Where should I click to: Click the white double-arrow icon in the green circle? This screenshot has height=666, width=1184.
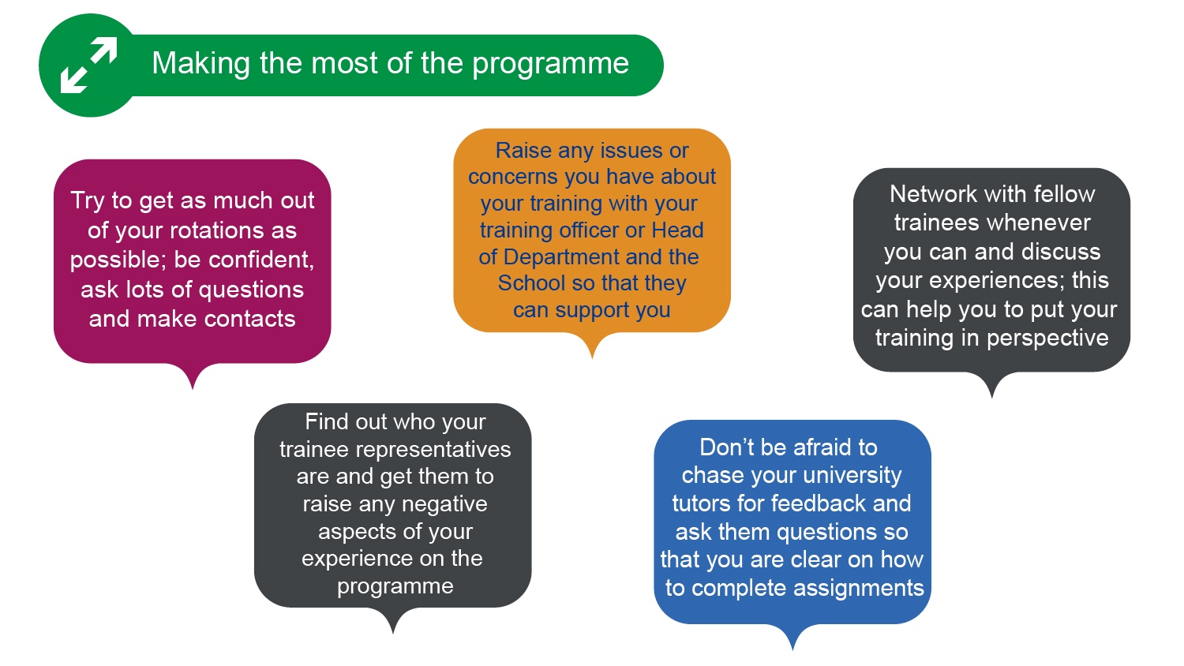click(x=88, y=65)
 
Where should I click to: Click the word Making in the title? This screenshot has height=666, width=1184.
click(x=201, y=64)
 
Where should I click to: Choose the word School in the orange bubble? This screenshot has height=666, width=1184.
click(x=532, y=282)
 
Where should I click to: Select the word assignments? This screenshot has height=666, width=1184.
click(x=859, y=589)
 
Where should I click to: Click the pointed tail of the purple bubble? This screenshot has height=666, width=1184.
click(x=193, y=388)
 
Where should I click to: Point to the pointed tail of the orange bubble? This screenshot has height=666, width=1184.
click(x=592, y=357)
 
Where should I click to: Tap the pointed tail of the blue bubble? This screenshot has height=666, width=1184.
click(x=792, y=649)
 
